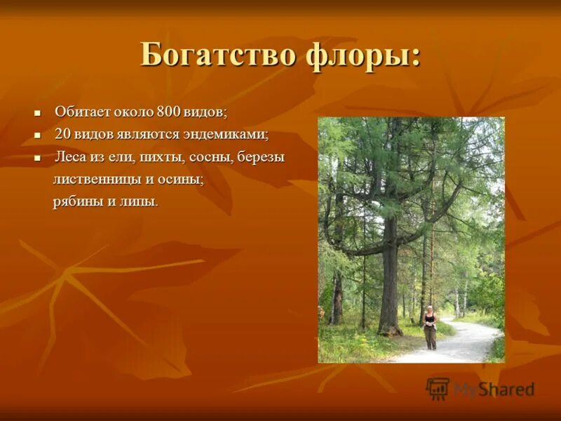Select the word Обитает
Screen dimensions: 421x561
80,112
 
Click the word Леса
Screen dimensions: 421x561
70,156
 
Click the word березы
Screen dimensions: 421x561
261,156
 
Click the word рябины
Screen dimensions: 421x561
76,202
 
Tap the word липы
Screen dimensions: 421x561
138,202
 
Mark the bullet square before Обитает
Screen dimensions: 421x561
38,112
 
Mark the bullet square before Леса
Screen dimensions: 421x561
38,157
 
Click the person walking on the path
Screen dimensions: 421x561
429,330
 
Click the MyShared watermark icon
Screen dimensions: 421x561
438,388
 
